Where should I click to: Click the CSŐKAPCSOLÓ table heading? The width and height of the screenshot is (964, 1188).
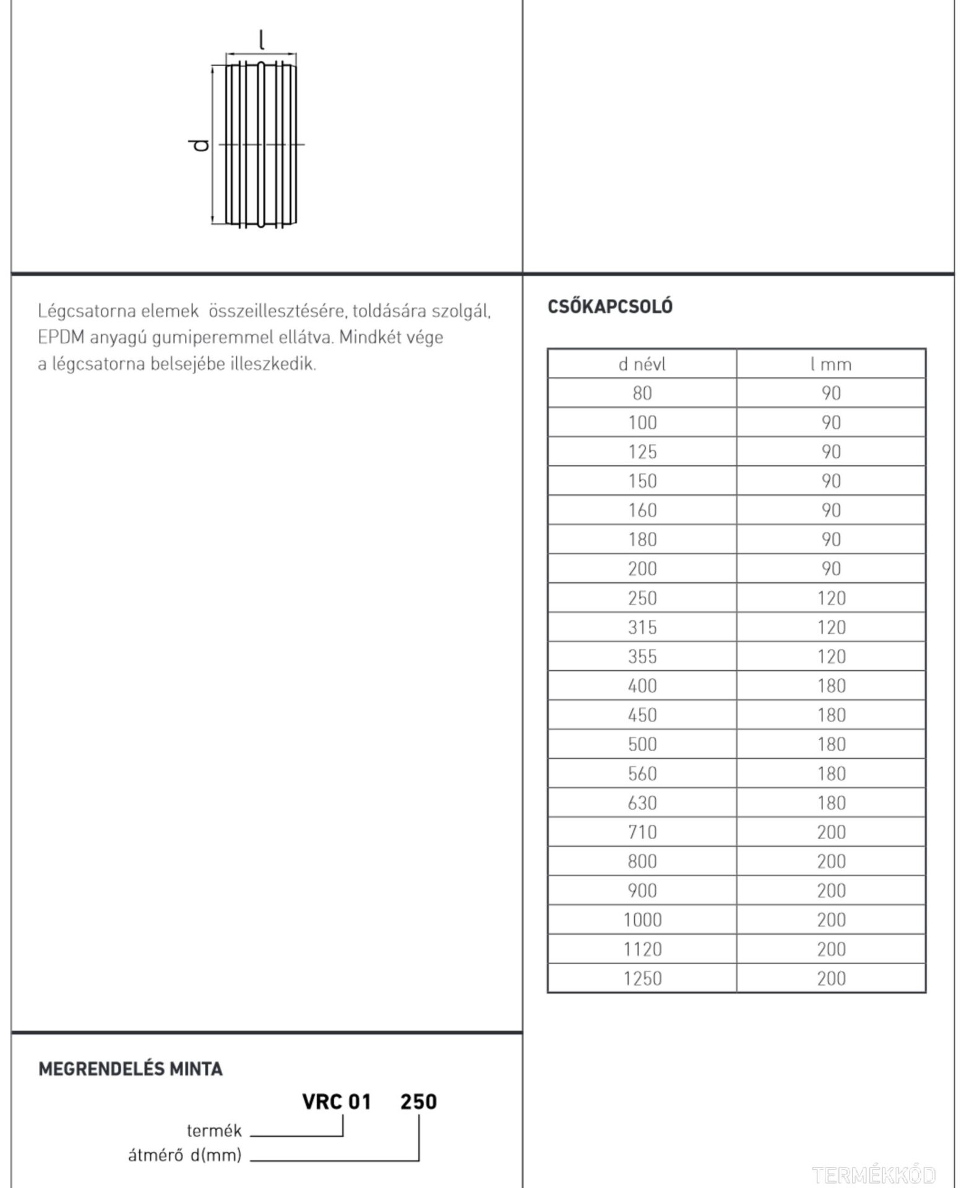coord(609,306)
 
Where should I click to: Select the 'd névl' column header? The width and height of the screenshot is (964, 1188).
coord(642,364)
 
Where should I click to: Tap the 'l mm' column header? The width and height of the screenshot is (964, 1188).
coord(830,364)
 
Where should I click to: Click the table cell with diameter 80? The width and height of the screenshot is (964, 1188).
coord(642,393)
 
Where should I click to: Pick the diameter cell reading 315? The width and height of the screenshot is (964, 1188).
coord(642,627)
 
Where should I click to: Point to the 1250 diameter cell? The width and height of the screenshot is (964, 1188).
coord(642,978)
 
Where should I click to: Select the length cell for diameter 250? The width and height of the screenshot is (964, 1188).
coord(830,598)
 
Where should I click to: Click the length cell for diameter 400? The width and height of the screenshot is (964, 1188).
coord(830,686)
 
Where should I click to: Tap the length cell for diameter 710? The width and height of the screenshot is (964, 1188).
coord(830,832)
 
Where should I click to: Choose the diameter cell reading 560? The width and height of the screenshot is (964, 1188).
coord(642,773)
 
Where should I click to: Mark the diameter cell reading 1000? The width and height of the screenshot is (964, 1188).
coord(642,919)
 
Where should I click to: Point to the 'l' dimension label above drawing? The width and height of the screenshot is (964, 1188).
coord(262,41)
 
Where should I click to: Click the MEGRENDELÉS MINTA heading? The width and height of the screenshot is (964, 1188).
coord(130,1069)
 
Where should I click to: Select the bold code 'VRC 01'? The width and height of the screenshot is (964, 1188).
coord(336,1102)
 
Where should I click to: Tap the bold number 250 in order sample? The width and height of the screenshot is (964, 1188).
coord(418,1102)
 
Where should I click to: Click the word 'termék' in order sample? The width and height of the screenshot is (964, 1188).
coord(214,1131)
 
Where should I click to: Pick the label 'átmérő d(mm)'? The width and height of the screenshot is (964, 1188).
coord(184,1155)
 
